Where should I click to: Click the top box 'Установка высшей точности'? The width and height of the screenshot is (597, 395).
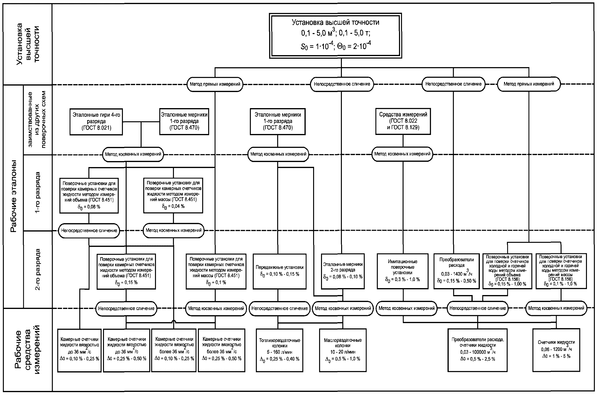(335, 35)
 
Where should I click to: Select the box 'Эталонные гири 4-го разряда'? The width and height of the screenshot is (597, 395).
(96, 122)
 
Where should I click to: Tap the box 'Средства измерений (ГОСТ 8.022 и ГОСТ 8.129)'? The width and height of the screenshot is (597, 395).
(403, 122)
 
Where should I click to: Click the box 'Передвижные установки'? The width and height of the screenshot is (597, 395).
(280, 271)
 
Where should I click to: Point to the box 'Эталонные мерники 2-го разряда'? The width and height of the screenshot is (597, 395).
(343, 271)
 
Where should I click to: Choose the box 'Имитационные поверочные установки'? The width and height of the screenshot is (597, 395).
(403, 271)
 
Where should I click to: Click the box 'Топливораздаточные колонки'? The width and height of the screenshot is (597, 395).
(280, 350)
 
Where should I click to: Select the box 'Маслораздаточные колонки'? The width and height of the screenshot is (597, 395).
(343, 350)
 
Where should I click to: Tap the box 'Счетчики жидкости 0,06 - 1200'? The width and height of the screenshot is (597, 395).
(556, 350)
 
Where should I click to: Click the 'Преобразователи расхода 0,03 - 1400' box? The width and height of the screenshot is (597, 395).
(457, 271)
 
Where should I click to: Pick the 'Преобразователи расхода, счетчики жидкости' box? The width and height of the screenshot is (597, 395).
(478, 350)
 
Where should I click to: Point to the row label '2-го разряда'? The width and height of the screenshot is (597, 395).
(37, 269)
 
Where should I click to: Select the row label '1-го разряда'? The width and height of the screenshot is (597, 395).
(37, 193)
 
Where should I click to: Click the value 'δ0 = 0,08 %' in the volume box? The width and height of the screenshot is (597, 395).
(89, 207)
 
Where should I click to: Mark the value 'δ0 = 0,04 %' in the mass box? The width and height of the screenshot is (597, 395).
(173, 206)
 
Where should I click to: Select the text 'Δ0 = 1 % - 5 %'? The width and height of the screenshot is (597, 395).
(556, 356)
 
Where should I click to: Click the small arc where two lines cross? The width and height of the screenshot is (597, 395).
(173, 321)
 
